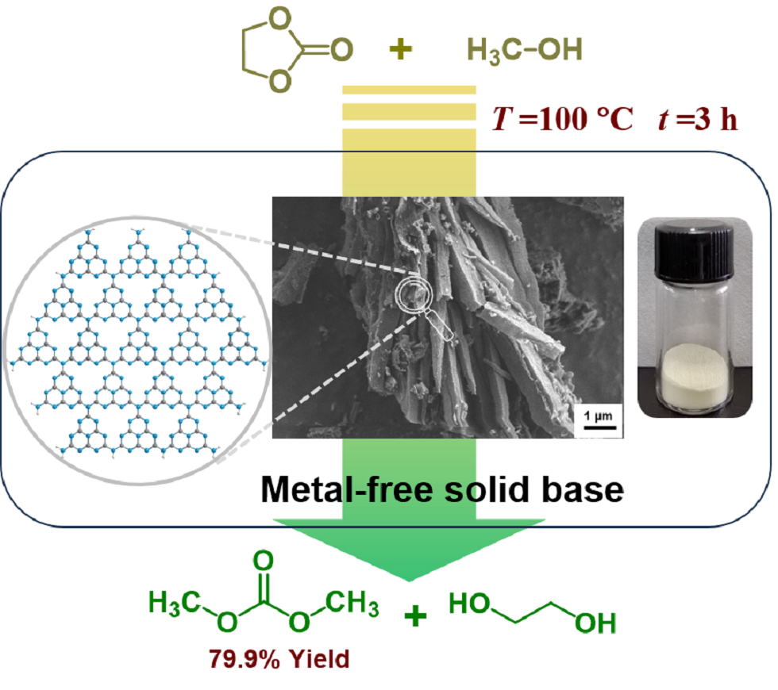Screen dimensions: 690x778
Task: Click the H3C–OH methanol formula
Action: coord(524,50)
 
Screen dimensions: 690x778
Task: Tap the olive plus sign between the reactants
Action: coord(402,50)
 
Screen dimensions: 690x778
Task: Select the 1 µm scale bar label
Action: coord(595,416)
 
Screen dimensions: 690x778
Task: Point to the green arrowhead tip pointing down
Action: coord(409,583)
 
